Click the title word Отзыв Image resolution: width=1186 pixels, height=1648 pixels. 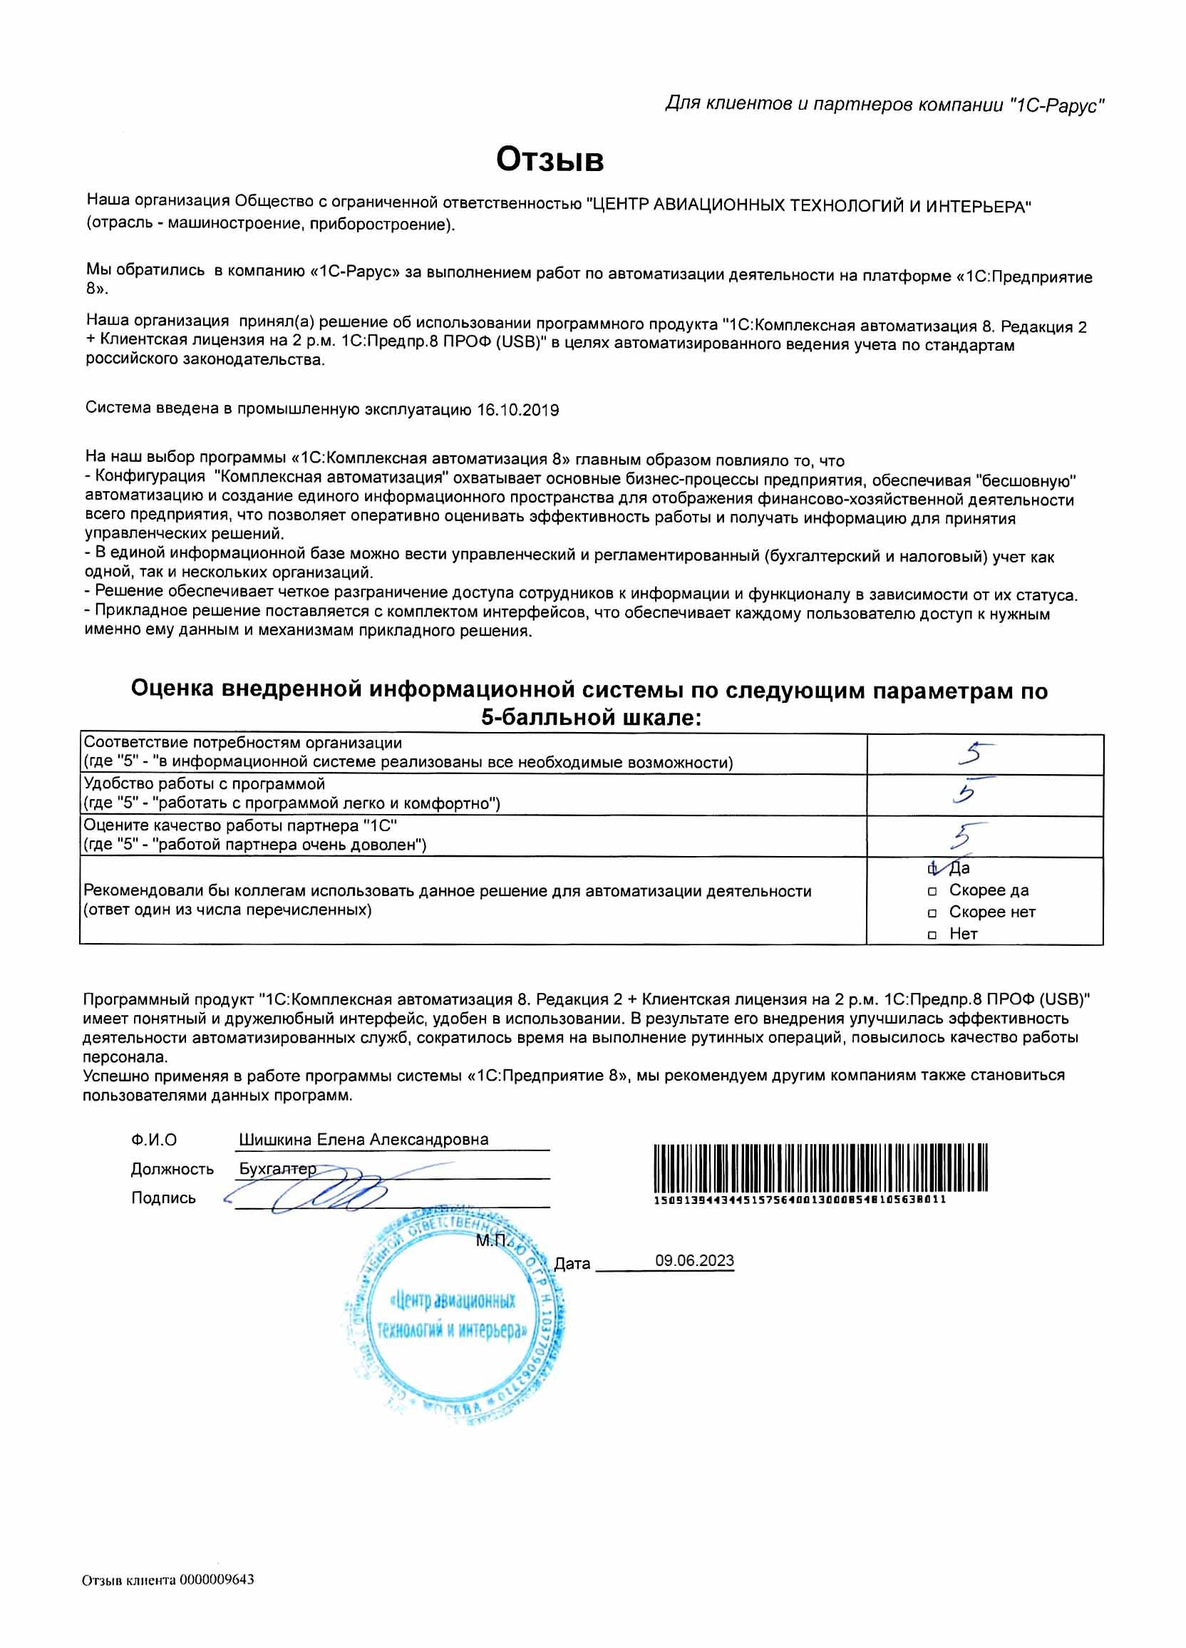[550, 159]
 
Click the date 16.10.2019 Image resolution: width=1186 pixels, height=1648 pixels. [517, 410]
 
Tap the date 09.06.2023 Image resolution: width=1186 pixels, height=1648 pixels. [694, 1260]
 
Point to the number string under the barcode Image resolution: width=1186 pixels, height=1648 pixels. [800, 1200]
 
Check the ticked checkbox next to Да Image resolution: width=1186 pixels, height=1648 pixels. [933, 868]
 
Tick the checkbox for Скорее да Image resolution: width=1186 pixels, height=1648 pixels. [932, 891]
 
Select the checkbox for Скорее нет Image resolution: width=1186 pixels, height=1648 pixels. [932, 912]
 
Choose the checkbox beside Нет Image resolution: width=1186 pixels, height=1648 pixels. [932, 935]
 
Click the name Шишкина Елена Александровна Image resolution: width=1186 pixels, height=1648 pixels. [363, 1139]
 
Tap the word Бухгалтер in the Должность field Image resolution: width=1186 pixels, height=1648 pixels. [277, 1168]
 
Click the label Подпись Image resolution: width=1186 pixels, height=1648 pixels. [163, 1198]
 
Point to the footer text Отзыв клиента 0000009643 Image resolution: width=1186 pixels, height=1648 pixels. [168, 1580]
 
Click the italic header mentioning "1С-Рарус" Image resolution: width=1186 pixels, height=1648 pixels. [885, 105]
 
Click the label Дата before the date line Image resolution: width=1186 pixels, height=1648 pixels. [572, 1264]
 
